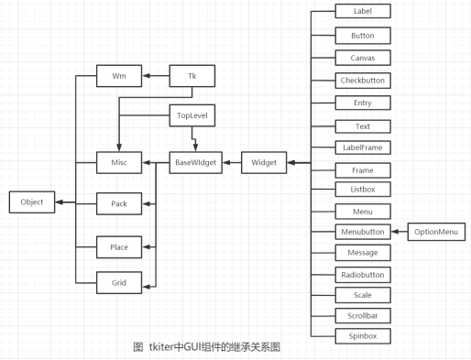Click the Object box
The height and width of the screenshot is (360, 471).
[x=32, y=201]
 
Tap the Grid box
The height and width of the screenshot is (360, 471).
[x=119, y=282]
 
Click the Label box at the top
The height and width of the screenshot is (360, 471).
[x=363, y=12]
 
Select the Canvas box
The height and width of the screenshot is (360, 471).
[x=363, y=57]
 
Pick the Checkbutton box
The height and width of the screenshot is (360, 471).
[x=363, y=80]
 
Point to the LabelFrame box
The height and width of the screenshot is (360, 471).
[x=363, y=147]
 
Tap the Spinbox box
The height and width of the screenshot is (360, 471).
[x=363, y=336]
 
